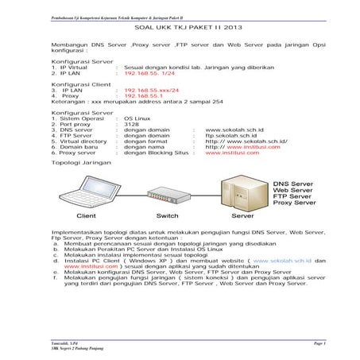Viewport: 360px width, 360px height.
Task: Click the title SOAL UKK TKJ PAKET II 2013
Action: pyautogui.click(x=180, y=26)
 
